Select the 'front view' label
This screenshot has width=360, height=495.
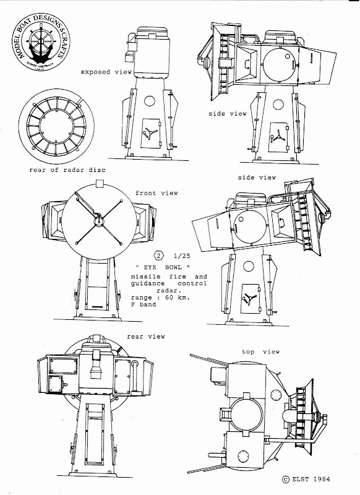[156, 193]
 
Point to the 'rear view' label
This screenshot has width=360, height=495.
[146, 337]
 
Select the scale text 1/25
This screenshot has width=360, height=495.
[184, 255]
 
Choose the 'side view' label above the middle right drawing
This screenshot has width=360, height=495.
[256, 178]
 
